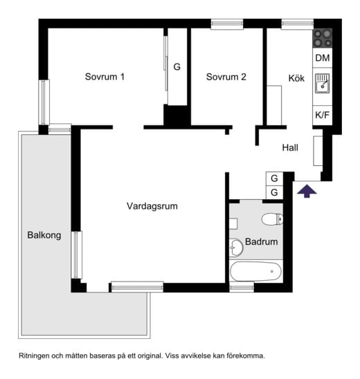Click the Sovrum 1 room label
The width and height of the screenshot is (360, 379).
click(105, 77)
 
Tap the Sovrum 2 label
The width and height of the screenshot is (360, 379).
click(226, 77)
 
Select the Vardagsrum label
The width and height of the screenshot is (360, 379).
click(152, 206)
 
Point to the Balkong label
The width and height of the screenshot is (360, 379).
click(44, 235)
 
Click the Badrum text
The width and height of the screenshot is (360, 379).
click(261, 241)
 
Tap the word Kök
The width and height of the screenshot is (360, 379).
click(296, 78)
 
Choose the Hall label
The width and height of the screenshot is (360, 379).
click(290, 147)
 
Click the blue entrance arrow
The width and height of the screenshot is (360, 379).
click(307, 191)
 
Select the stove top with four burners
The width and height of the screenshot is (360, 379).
click(323, 39)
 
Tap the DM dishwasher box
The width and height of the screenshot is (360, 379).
click(323, 58)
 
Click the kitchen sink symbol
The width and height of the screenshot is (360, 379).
click(322, 84)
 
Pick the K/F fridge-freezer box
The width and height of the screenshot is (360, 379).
click(322, 115)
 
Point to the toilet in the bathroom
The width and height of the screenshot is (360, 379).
click(272, 219)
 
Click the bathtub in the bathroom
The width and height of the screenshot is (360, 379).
click(255, 271)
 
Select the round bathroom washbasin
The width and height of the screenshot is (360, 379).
click(236, 248)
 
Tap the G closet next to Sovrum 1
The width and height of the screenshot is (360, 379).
click(177, 66)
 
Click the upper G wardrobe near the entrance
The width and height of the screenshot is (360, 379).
click(274, 178)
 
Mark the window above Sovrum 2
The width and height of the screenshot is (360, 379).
click(227, 24)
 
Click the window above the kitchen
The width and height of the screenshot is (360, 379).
click(298, 24)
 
